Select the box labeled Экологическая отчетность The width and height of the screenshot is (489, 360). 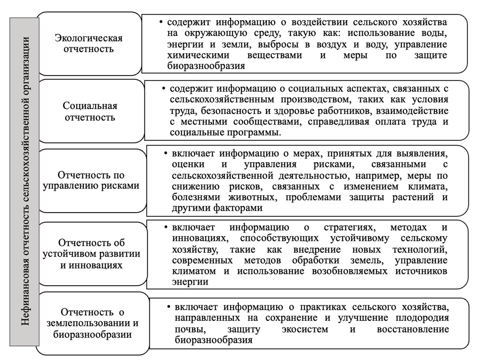tap(89, 43)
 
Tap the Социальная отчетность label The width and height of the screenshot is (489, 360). tap(89, 111)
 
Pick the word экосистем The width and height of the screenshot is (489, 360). tap(304, 329)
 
